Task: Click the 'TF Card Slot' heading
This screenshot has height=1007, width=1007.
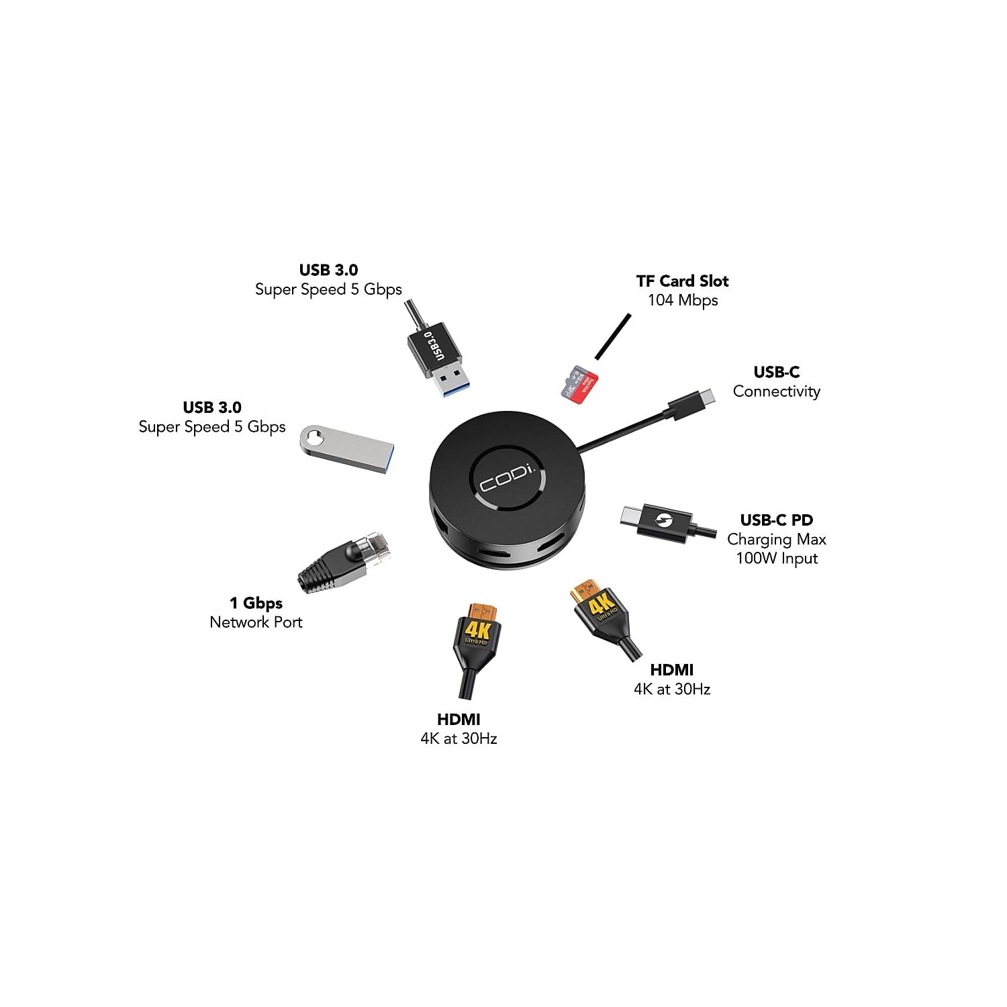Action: click(682, 281)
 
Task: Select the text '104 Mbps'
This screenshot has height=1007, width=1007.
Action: click(682, 300)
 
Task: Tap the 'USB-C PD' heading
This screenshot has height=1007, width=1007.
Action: click(776, 520)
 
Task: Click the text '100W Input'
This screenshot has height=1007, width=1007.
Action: click(776, 558)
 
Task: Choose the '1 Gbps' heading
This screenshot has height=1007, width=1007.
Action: click(256, 603)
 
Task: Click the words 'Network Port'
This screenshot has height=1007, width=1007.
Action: click(256, 622)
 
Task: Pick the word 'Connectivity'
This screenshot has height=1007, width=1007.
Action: click(776, 391)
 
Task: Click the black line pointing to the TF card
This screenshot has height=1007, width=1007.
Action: click(612, 336)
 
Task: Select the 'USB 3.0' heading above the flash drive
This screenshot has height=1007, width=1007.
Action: click(212, 407)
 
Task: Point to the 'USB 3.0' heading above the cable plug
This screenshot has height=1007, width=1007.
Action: click(328, 270)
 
